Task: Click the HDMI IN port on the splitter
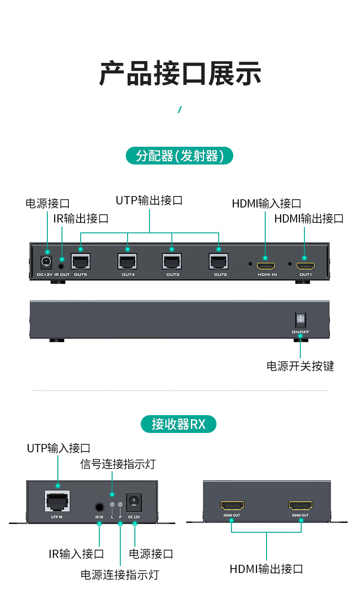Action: click(266, 265)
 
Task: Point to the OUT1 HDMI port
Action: click(305, 265)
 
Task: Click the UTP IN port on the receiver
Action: click(57, 501)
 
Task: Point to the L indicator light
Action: click(112, 504)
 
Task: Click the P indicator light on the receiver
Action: click(120, 504)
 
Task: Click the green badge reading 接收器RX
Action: click(179, 424)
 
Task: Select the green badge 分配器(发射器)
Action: click(179, 156)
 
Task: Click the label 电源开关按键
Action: click(300, 366)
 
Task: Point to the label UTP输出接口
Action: click(149, 200)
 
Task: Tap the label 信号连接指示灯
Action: click(118, 464)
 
